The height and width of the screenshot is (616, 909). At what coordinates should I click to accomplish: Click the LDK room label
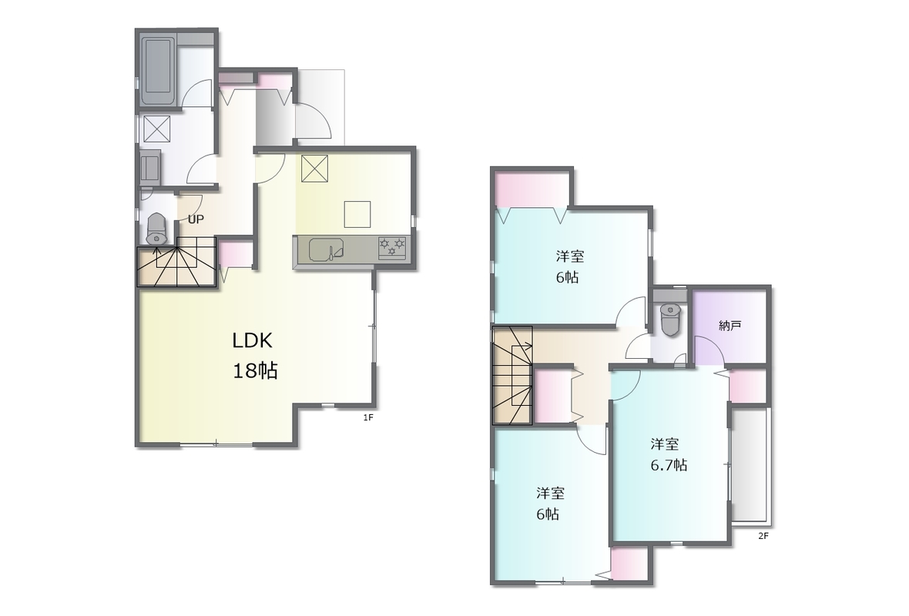pos(252,341)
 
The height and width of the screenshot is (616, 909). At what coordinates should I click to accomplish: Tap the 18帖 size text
pos(255,370)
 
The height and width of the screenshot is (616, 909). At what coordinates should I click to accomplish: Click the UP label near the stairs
pos(196,219)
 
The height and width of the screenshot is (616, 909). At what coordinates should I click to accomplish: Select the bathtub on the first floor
pos(158,72)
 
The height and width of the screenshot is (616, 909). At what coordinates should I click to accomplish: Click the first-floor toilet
pos(156,229)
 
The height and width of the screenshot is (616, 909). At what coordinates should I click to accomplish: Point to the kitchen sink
pos(326,249)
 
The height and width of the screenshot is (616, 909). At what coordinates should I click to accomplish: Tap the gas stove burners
pos(392,247)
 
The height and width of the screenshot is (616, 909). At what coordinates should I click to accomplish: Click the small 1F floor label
pos(367,417)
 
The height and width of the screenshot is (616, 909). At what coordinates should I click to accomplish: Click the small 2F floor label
pos(763,536)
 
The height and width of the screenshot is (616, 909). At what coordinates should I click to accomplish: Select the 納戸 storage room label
pos(730,326)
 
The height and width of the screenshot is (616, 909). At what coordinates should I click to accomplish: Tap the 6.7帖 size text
pos(669,465)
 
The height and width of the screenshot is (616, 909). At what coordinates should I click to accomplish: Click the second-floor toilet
pos(671,320)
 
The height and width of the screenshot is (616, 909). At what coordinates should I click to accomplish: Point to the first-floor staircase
pos(176,266)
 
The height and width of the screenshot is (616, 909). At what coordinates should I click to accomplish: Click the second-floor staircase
pos(512,376)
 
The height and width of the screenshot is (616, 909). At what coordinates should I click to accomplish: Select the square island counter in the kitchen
pos(357,214)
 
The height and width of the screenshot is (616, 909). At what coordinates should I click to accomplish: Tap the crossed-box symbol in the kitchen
pos(314,168)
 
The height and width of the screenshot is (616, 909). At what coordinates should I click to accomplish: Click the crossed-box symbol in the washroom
pos(156,129)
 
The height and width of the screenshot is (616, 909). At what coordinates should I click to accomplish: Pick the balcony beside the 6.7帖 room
pos(750,467)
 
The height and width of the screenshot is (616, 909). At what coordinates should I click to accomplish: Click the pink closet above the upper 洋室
pos(531,191)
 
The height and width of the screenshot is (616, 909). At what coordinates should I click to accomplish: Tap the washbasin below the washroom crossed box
pos(151,166)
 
